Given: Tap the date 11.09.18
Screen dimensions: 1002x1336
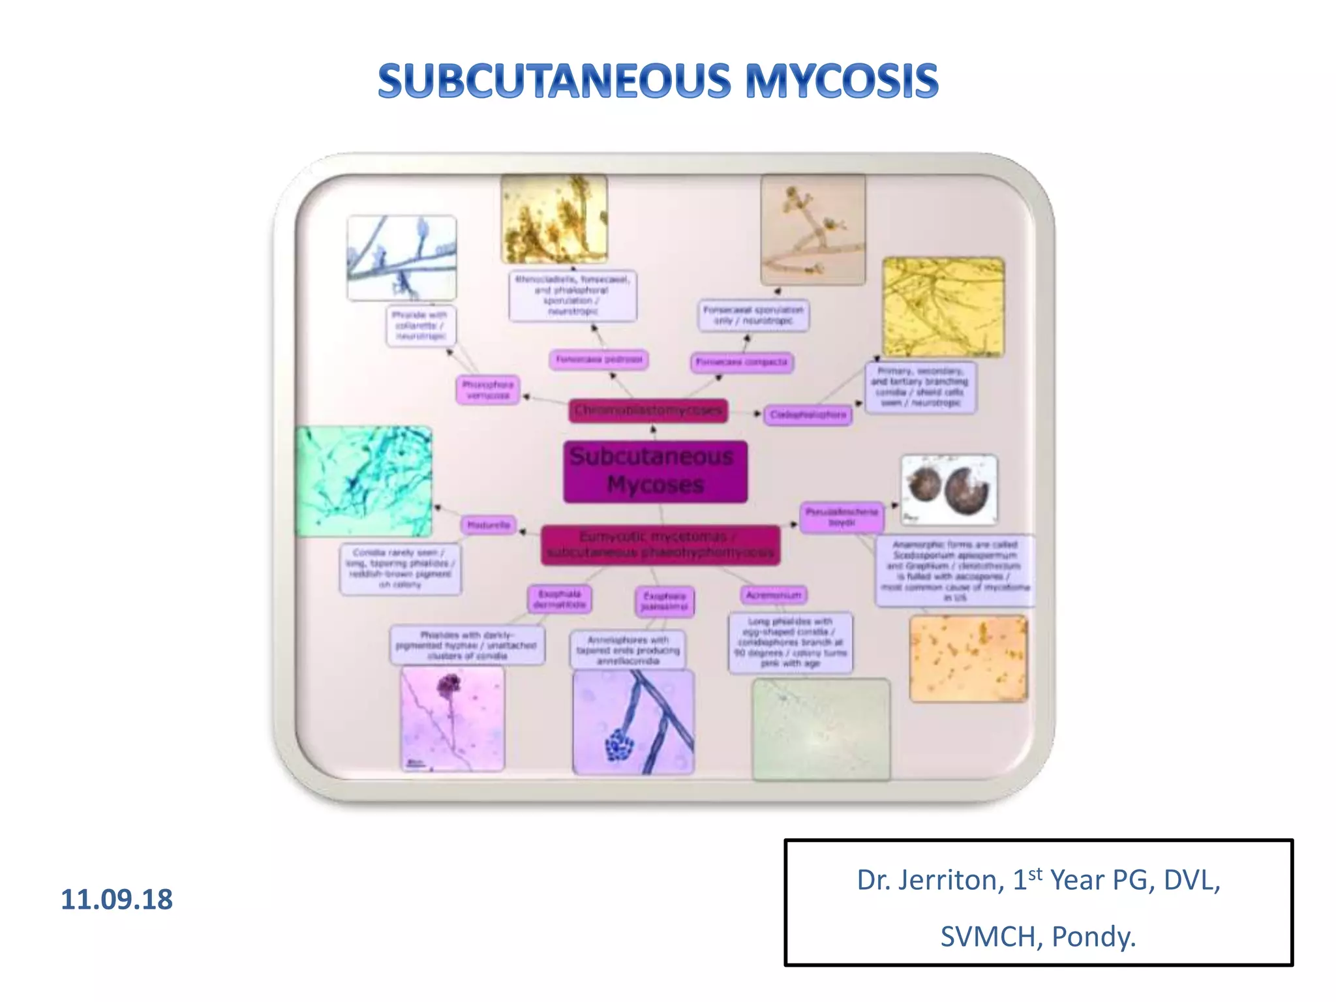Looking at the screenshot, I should click(x=117, y=900).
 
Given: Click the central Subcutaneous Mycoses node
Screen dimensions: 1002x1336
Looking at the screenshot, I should click(x=655, y=471).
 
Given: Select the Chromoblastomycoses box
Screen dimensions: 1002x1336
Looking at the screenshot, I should click(x=648, y=410).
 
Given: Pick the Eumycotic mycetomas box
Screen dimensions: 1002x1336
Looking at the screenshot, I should click(x=660, y=545).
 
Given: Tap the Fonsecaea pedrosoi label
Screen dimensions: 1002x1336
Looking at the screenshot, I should click(x=599, y=359).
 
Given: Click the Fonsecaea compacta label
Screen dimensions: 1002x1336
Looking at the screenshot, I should click(x=742, y=362).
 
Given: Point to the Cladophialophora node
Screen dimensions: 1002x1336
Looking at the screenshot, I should click(x=808, y=415).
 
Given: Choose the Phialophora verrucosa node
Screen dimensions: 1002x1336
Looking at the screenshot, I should click(x=488, y=390).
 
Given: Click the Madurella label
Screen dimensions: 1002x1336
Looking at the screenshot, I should click(x=489, y=524).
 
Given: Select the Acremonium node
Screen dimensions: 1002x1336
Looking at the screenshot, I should click(x=774, y=595).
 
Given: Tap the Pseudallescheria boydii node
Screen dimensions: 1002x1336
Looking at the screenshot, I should click(x=842, y=517).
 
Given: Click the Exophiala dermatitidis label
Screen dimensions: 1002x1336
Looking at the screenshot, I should click(x=560, y=599).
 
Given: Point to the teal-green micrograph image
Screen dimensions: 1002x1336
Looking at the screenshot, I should click(x=363, y=481).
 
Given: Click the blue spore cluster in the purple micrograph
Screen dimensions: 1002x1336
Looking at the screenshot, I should click(x=619, y=744).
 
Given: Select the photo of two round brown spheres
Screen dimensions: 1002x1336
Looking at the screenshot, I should click(x=949, y=489).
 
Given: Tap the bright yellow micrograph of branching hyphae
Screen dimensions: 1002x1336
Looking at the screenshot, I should click(x=943, y=307).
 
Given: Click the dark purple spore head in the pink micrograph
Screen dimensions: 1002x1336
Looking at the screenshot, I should click(x=449, y=686).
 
